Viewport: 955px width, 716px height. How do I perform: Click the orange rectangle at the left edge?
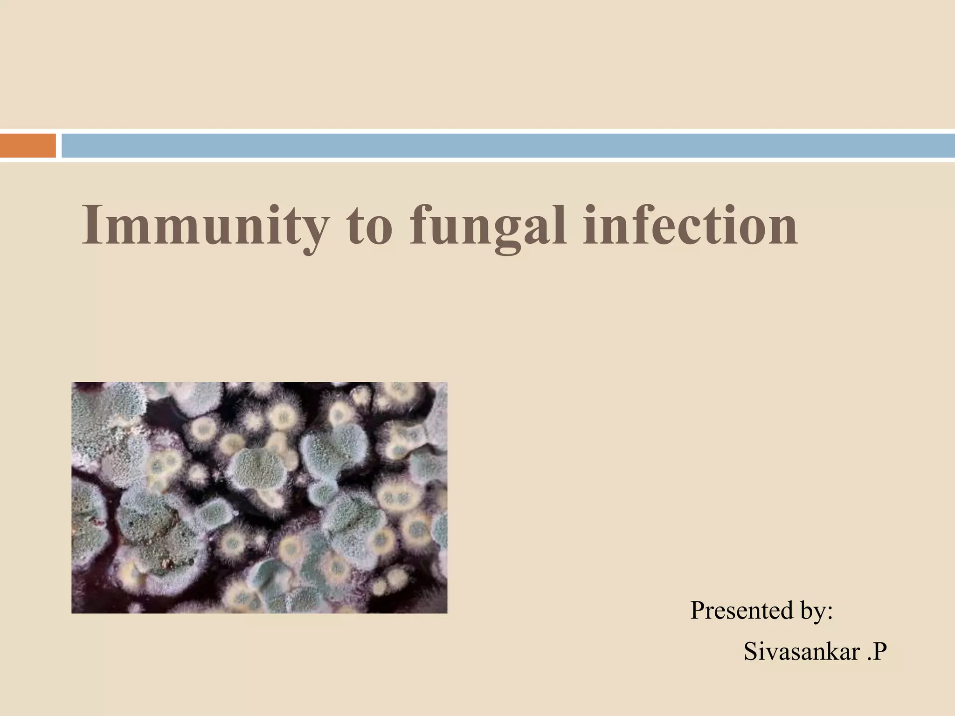[28, 145]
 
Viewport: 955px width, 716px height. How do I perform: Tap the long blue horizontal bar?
[508, 145]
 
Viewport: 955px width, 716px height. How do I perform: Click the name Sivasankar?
[802, 651]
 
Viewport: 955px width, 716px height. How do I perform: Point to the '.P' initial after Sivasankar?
[876, 651]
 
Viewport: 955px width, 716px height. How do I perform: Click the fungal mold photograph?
[259, 497]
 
